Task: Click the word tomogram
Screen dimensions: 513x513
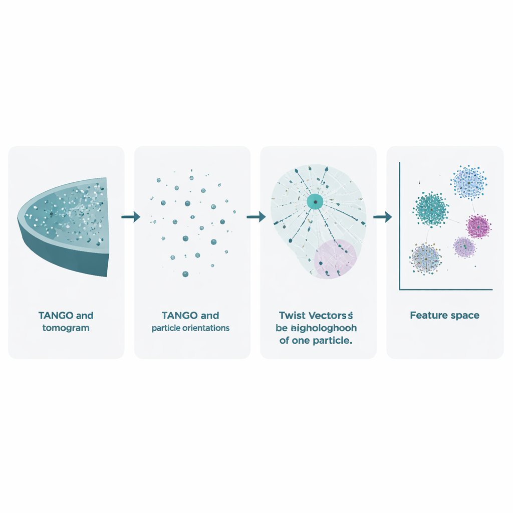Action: pyautogui.click(x=66, y=328)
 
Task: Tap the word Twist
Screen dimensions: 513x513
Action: pyautogui.click(x=292, y=316)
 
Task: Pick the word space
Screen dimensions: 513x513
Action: pyautogui.click(x=464, y=316)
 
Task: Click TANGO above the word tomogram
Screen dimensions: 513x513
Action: pyautogui.click(x=56, y=316)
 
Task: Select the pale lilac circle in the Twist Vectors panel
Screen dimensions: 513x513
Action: pyautogui.click(x=335, y=258)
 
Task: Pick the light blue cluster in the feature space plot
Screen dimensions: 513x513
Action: pyautogui.click(x=468, y=183)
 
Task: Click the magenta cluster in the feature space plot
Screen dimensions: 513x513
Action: pyautogui.click(x=478, y=226)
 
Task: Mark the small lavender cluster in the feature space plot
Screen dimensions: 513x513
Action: pyautogui.click(x=464, y=247)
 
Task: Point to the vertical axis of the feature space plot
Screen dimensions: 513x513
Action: pyautogui.click(x=399, y=225)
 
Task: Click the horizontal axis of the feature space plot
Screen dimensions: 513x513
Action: pyautogui.click(x=446, y=289)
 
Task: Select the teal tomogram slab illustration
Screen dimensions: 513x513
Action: pyautogui.click(x=65, y=225)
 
